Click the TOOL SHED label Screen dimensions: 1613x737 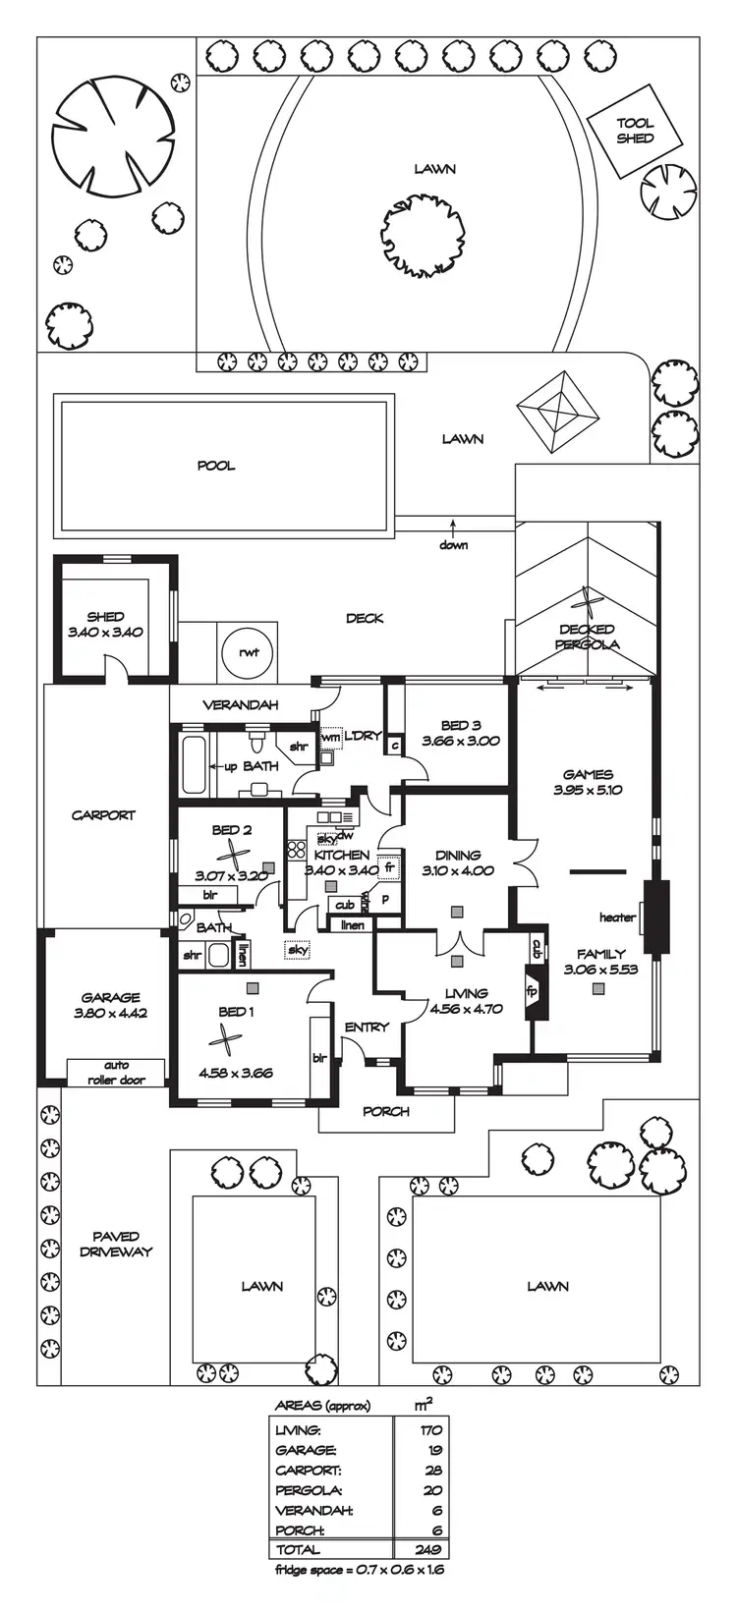[635, 132]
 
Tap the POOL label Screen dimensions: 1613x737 [216, 466]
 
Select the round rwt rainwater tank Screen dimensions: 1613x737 [242, 650]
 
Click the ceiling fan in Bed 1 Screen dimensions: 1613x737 [226, 1039]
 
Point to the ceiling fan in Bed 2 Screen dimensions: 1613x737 [234, 852]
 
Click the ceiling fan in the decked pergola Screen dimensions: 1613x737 [588, 601]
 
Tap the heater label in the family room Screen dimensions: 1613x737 [617, 918]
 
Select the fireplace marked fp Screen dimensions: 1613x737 [536, 989]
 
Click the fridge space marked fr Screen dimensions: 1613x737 [389, 868]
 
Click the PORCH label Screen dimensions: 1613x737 [386, 1111]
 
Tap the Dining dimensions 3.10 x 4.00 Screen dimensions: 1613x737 [457, 870]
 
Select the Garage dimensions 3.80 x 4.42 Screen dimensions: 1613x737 [111, 1013]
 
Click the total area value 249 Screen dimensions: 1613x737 [428, 1550]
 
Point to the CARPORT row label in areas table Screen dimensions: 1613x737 [309, 1471]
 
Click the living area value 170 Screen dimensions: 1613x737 [429, 1430]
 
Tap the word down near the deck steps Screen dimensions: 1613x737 [453, 545]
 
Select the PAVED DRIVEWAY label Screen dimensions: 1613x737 [116, 1244]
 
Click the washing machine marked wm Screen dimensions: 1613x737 [329, 737]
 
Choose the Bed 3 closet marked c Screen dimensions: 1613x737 [394, 747]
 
